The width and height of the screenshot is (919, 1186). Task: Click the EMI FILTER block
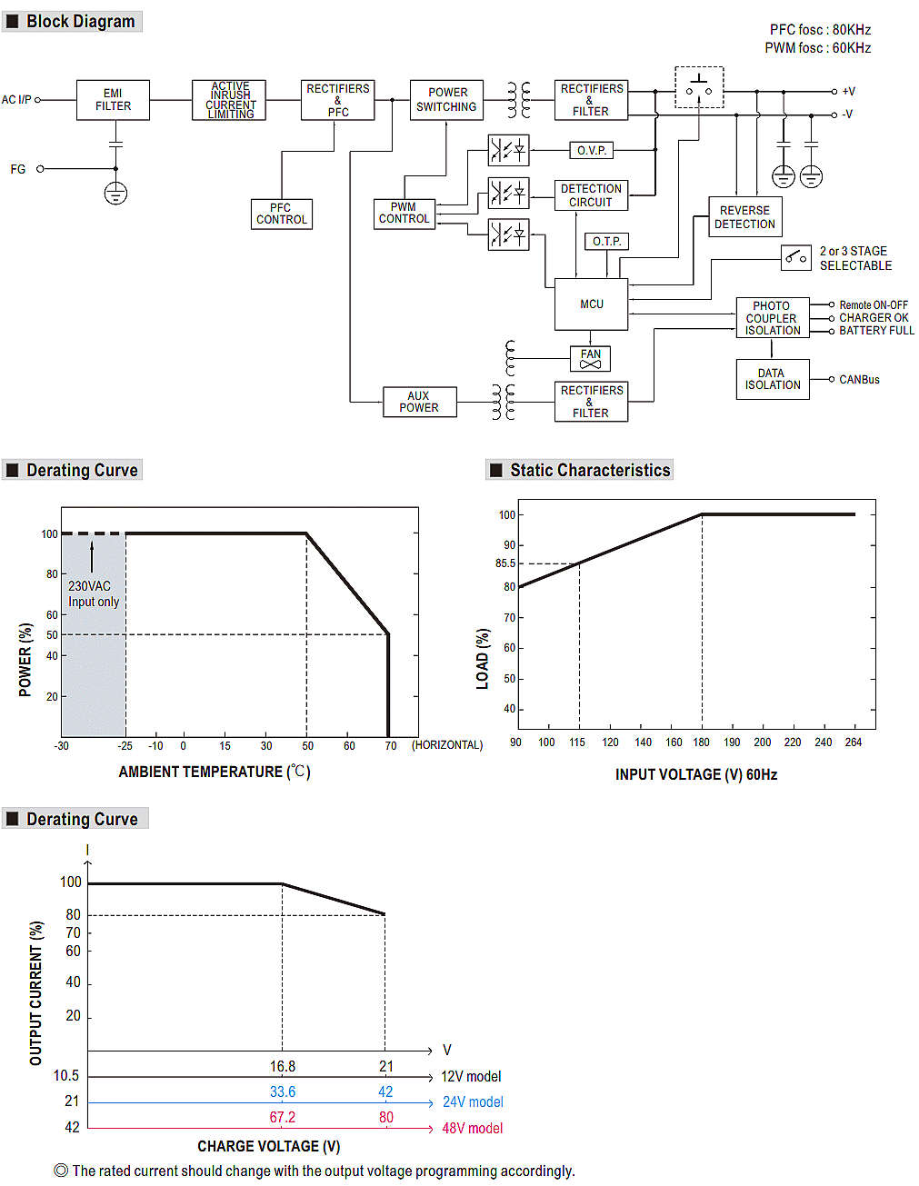113,100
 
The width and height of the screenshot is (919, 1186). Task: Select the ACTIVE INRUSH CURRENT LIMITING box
229,100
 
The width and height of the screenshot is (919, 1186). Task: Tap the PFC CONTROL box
281,214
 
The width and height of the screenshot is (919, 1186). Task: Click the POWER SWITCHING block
446,100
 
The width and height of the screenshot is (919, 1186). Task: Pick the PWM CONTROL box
404,214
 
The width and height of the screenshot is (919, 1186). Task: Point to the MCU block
591,304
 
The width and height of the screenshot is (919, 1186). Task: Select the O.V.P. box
591,150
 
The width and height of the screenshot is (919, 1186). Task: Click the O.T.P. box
606,242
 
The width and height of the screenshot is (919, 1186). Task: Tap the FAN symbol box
590,359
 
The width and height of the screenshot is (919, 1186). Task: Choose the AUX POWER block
419,402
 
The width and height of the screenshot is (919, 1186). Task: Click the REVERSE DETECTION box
744,217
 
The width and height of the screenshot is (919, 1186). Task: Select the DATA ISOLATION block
772,379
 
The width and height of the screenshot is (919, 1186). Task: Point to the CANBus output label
859,380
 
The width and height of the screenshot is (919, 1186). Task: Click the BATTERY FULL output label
876,331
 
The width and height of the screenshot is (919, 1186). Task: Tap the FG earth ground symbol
115,193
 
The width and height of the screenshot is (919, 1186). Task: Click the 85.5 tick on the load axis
504,563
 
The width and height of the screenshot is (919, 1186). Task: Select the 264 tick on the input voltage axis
853,742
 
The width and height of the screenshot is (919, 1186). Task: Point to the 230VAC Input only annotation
93,594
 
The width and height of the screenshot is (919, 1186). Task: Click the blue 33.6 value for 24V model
283,1092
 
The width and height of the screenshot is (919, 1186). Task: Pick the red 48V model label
472,1129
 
